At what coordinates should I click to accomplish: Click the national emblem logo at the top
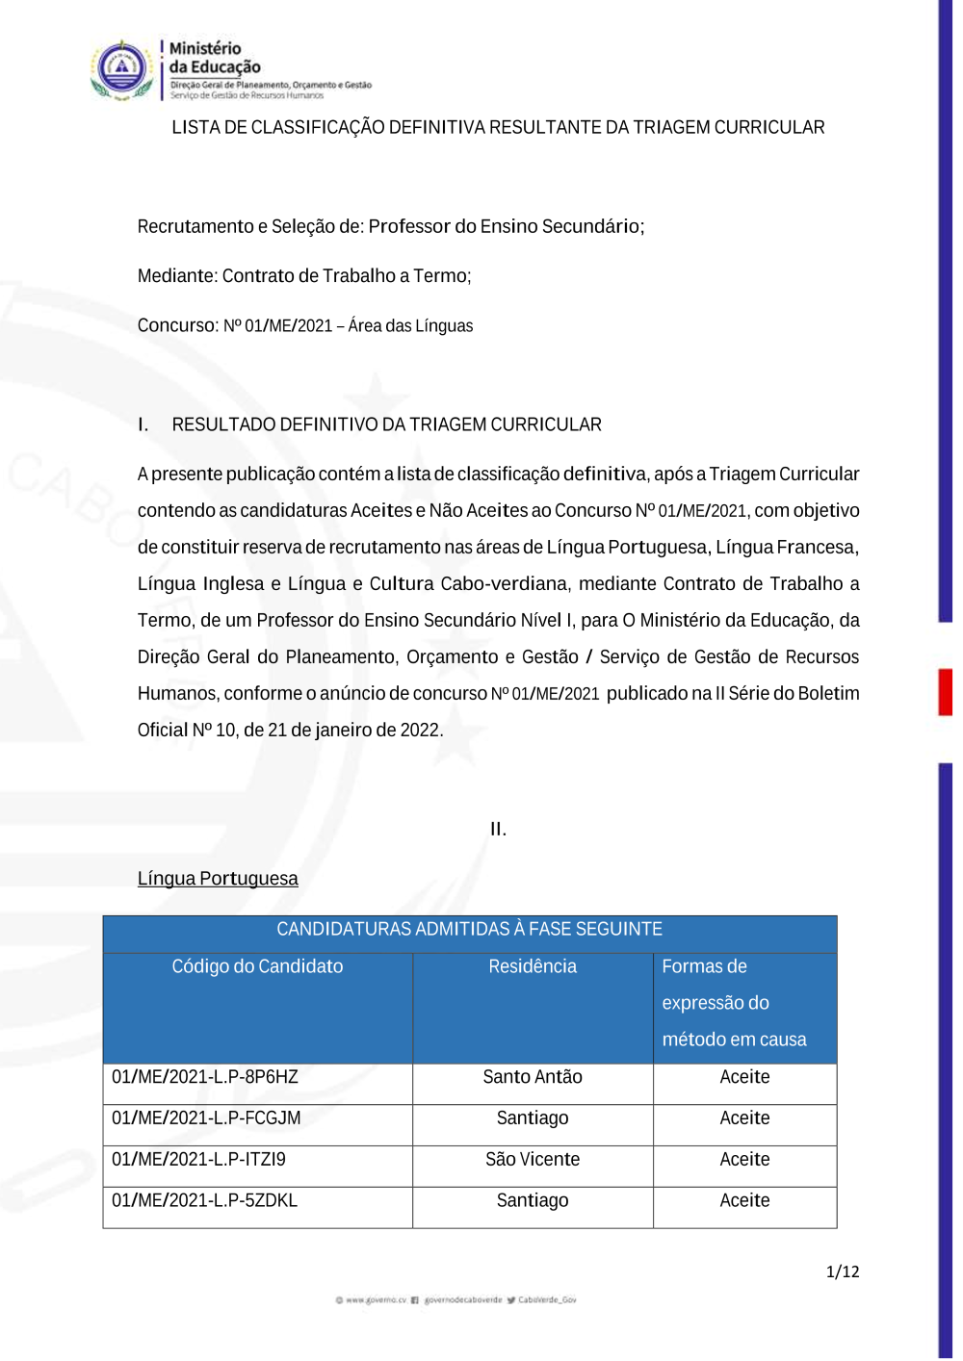[121, 69]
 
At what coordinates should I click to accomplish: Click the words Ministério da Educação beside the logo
[214, 58]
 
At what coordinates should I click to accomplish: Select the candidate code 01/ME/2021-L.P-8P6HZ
[205, 1077]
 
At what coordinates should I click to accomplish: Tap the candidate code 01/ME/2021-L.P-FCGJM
[206, 1118]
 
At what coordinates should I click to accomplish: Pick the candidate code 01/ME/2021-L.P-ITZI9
[198, 1160]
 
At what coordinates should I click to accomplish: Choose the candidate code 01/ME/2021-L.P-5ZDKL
[204, 1201]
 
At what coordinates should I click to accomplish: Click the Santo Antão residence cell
[533, 1077]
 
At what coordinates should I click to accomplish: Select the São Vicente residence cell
[533, 1160]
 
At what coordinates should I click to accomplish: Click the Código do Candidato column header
[257, 966]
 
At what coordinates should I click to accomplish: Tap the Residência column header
[533, 966]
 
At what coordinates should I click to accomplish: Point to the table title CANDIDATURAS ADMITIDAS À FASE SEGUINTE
[469, 929]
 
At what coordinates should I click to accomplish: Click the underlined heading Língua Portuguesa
[218, 879]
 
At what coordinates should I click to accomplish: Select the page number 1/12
[843, 1271]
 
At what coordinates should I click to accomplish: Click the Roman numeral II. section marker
[498, 829]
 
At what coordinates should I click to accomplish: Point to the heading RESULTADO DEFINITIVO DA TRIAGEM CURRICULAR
[386, 424]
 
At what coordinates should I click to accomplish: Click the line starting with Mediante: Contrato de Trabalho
[304, 276]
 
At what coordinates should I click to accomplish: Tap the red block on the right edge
[946, 692]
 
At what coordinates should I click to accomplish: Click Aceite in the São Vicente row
[744, 1160]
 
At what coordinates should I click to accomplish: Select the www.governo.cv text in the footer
[376, 1300]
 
